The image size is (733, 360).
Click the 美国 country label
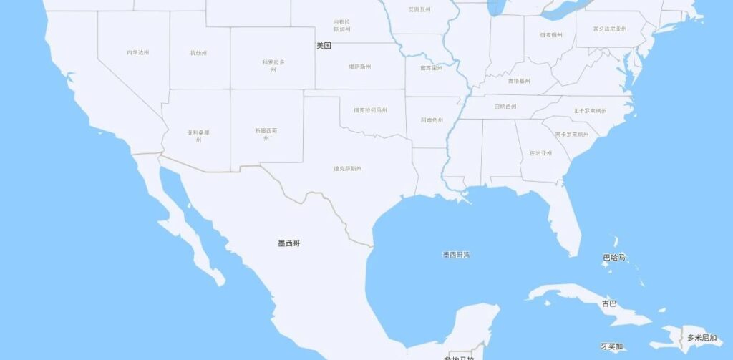coord(324,46)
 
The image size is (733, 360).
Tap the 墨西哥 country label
coord(289,243)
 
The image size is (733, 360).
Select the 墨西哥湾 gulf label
coord(456,254)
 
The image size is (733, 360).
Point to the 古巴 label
coord(609,303)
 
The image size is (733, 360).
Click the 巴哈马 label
coord(614,258)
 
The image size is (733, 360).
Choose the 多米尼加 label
coord(702,338)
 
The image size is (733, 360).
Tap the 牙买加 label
coord(612,347)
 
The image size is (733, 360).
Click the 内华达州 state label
coord(138,52)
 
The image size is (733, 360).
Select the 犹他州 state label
coord(198,53)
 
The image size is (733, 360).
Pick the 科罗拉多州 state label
coord(273,66)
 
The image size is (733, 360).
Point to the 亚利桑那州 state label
coord(198,136)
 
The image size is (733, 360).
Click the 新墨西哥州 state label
coord(266,134)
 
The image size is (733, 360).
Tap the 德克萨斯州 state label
coord(348,169)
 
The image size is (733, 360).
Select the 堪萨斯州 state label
coord(359,67)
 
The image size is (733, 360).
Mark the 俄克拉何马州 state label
coord(370,110)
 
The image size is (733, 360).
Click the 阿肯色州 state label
coord(432,120)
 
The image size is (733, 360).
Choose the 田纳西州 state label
coord(507,107)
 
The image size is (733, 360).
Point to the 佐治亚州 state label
coord(540,153)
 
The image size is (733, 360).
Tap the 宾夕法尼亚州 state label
coord(610,29)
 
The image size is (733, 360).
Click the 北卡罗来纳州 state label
coord(589,111)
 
